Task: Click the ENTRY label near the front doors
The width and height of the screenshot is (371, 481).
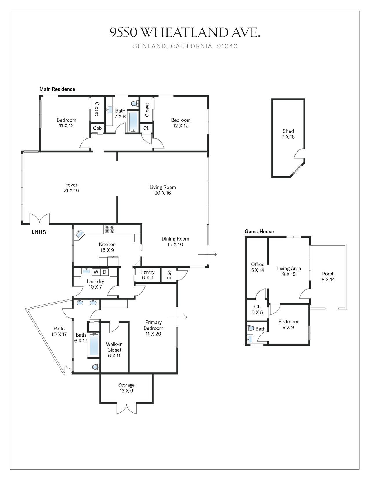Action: click(39, 232)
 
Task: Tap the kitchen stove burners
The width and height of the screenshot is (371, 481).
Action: click(110, 229)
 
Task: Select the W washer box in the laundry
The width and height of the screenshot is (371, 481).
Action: click(96, 272)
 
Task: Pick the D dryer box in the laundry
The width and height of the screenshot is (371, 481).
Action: click(105, 272)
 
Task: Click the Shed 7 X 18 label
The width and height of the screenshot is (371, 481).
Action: click(288, 134)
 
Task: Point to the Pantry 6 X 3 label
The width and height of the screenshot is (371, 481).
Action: click(148, 275)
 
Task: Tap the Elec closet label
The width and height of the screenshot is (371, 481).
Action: click(169, 275)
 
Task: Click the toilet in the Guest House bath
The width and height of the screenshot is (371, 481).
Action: click(250, 328)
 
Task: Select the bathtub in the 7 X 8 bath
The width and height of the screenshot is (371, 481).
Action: click(133, 122)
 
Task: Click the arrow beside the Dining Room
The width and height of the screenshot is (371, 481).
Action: click(208, 254)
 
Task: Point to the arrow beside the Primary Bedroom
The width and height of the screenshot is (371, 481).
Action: click(178, 317)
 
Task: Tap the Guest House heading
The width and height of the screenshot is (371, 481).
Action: click(259, 232)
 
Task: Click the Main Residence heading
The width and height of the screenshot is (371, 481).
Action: click(57, 89)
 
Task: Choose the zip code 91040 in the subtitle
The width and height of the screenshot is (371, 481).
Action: click(227, 46)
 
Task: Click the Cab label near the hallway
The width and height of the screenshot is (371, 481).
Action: click(97, 128)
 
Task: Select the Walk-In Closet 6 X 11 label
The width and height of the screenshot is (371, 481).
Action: click(114, 350)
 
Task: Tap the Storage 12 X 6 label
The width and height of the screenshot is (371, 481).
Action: click(126, 388)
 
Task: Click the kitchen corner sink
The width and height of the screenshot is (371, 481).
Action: click(80, 233)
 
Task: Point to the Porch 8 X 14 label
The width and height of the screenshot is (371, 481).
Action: click(328, 276)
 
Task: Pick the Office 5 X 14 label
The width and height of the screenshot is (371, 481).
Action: click(258, 267)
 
